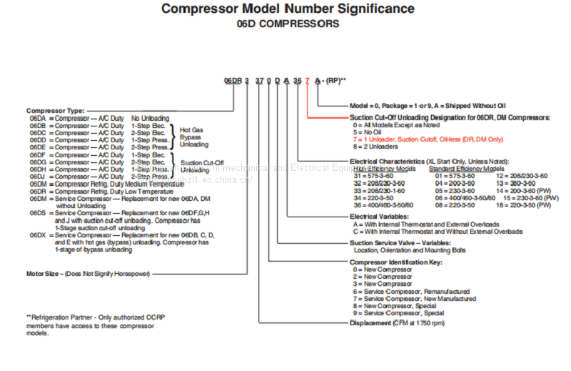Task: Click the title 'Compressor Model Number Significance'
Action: (287, 9)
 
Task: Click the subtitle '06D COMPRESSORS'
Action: (288, 24)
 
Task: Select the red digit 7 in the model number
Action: (308, 80)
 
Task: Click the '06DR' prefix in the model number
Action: (233, 80)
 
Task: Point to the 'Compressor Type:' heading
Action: (55, 110)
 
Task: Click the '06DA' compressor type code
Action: (38, 118)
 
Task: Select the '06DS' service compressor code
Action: (38, 213)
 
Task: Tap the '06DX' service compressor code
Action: (38, 234)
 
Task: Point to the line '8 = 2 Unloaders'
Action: (378, 146)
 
